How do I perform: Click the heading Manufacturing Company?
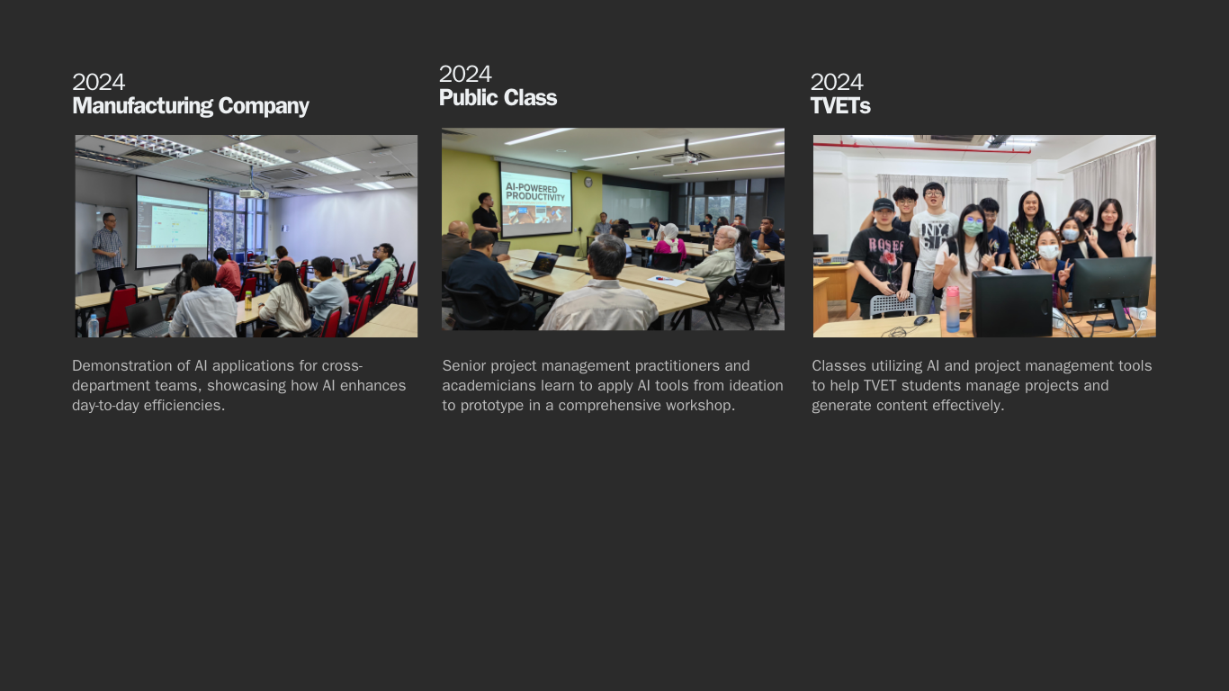191,106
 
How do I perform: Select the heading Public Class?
498,98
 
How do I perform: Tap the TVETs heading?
840,106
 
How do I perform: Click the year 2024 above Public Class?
465,74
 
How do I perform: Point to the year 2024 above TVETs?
837,83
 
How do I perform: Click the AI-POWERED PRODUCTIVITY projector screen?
535,201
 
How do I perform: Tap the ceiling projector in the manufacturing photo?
254,193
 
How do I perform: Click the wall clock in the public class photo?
588,183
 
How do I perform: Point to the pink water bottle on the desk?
953,310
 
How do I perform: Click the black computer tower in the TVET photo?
1012,303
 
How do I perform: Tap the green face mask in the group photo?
973,228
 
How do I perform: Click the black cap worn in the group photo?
883,205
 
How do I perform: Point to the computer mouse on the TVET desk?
920,320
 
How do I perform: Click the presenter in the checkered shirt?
109,252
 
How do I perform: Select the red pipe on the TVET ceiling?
921,148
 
